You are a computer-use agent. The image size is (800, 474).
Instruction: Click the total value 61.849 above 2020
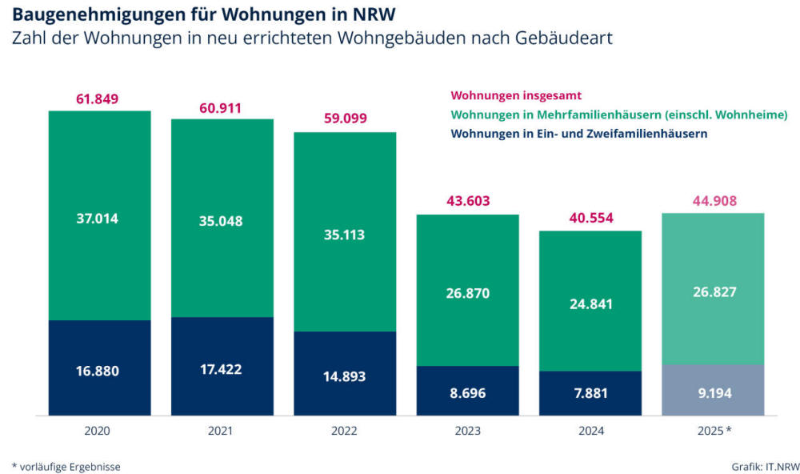[97, 99]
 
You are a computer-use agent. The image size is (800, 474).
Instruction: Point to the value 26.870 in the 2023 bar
[467, 293]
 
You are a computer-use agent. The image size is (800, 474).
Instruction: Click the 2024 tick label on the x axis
[590, 431]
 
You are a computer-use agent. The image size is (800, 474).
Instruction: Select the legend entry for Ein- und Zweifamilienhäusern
[579, 134]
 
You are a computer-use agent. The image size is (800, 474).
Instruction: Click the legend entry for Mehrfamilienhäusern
[619, 115]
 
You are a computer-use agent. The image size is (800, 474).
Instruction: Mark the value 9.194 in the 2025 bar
[714, 393]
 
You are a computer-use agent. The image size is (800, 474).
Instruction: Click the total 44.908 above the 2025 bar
[714, 201]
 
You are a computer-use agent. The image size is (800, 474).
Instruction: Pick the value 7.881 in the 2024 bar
[590, 393]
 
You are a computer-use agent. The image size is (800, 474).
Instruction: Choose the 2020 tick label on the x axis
[97, 431]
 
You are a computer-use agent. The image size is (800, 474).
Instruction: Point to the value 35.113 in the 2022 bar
[345, 235]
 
